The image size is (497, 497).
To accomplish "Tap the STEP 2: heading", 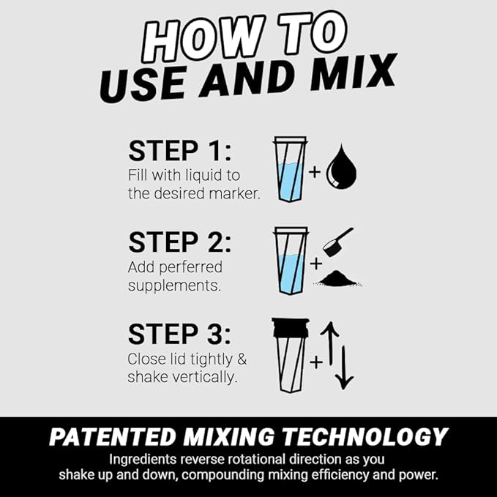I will [180, 242].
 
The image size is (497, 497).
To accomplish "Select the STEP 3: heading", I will [180, 334].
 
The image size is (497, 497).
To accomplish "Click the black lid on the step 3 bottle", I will [291, 327].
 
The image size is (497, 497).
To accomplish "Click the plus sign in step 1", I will [315, 173].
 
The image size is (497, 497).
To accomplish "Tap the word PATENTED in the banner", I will [112, 437].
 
